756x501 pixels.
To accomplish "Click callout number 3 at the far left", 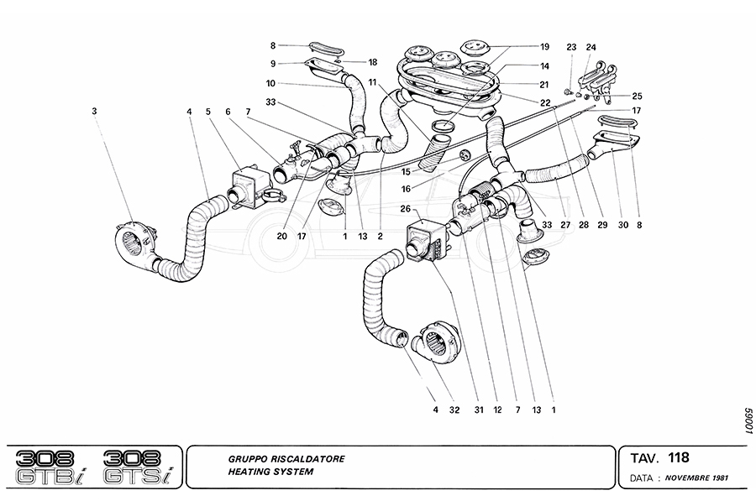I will (95, 110).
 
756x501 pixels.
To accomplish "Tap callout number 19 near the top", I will (545, 46).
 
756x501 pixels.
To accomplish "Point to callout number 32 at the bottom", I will (455, 410).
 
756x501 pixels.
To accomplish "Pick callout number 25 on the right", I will (638, 97).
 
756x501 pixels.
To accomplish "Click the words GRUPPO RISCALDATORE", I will (285, 460).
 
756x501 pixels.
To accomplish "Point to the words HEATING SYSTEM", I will (270, 472).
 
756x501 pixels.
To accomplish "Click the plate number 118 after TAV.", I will (679, 458).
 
